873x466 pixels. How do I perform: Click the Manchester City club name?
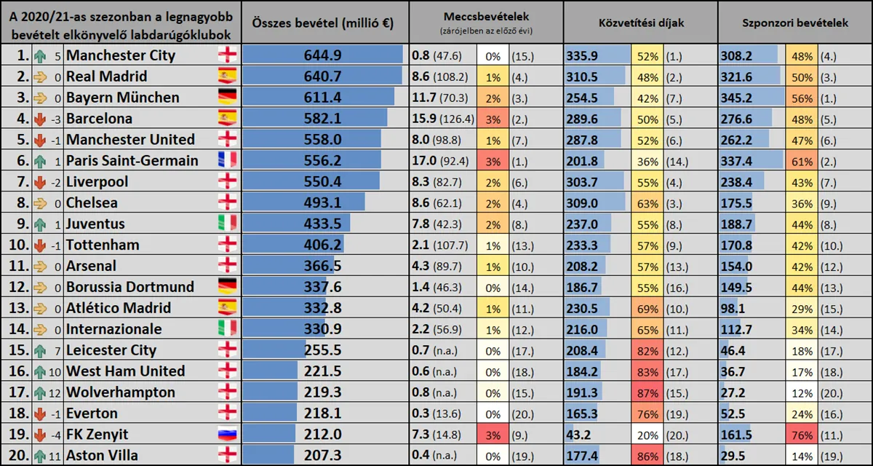pos(120,55)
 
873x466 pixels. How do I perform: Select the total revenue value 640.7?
pos(322,76)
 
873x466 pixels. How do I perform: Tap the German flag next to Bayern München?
pos(228,98)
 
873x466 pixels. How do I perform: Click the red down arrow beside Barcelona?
pos(40,119)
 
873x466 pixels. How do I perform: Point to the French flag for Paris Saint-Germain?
pos(228,161)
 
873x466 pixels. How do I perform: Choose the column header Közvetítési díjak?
pos(640,23)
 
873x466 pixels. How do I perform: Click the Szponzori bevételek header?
pos(794,23)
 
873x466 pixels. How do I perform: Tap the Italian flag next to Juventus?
pos(228,224)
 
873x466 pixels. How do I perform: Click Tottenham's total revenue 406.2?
pos(322,245)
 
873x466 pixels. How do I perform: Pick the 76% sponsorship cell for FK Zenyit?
pos(801,435)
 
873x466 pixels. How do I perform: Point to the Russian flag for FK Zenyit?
pos(228,435)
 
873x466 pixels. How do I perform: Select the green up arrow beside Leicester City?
pos(40,350)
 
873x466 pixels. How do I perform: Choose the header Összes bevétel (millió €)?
pos(323,23)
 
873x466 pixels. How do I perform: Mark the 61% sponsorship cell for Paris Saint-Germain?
pos(801,161)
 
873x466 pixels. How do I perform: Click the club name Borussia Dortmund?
pos(130,287)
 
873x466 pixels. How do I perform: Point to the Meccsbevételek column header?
pos(486,16)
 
